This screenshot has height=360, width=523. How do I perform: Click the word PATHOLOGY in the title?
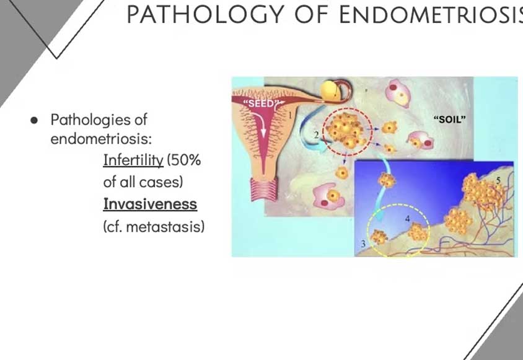point(206,14)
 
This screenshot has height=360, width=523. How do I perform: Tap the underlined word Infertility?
point(133,160)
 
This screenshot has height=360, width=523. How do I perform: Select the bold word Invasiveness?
point(150,204)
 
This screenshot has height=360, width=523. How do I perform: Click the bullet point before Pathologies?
point(33,120)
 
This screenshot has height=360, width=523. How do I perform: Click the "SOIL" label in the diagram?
point(449,119)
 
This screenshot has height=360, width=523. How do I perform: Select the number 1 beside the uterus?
point(290,115)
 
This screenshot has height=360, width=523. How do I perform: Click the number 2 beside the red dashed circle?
point(316,135)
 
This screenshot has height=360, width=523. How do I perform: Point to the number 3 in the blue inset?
point(363,244)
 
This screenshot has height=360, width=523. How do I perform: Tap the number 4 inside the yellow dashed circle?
point(407,219)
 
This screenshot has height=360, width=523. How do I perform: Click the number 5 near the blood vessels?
point(498,180)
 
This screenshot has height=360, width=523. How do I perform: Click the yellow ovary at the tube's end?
point(330,90)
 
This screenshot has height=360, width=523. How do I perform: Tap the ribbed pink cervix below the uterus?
point(264,189)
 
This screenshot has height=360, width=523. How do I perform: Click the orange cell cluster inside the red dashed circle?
point(346,131)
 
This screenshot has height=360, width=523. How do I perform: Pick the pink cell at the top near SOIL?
point(398,93)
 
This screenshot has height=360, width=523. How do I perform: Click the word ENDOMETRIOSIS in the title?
point(431,14)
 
